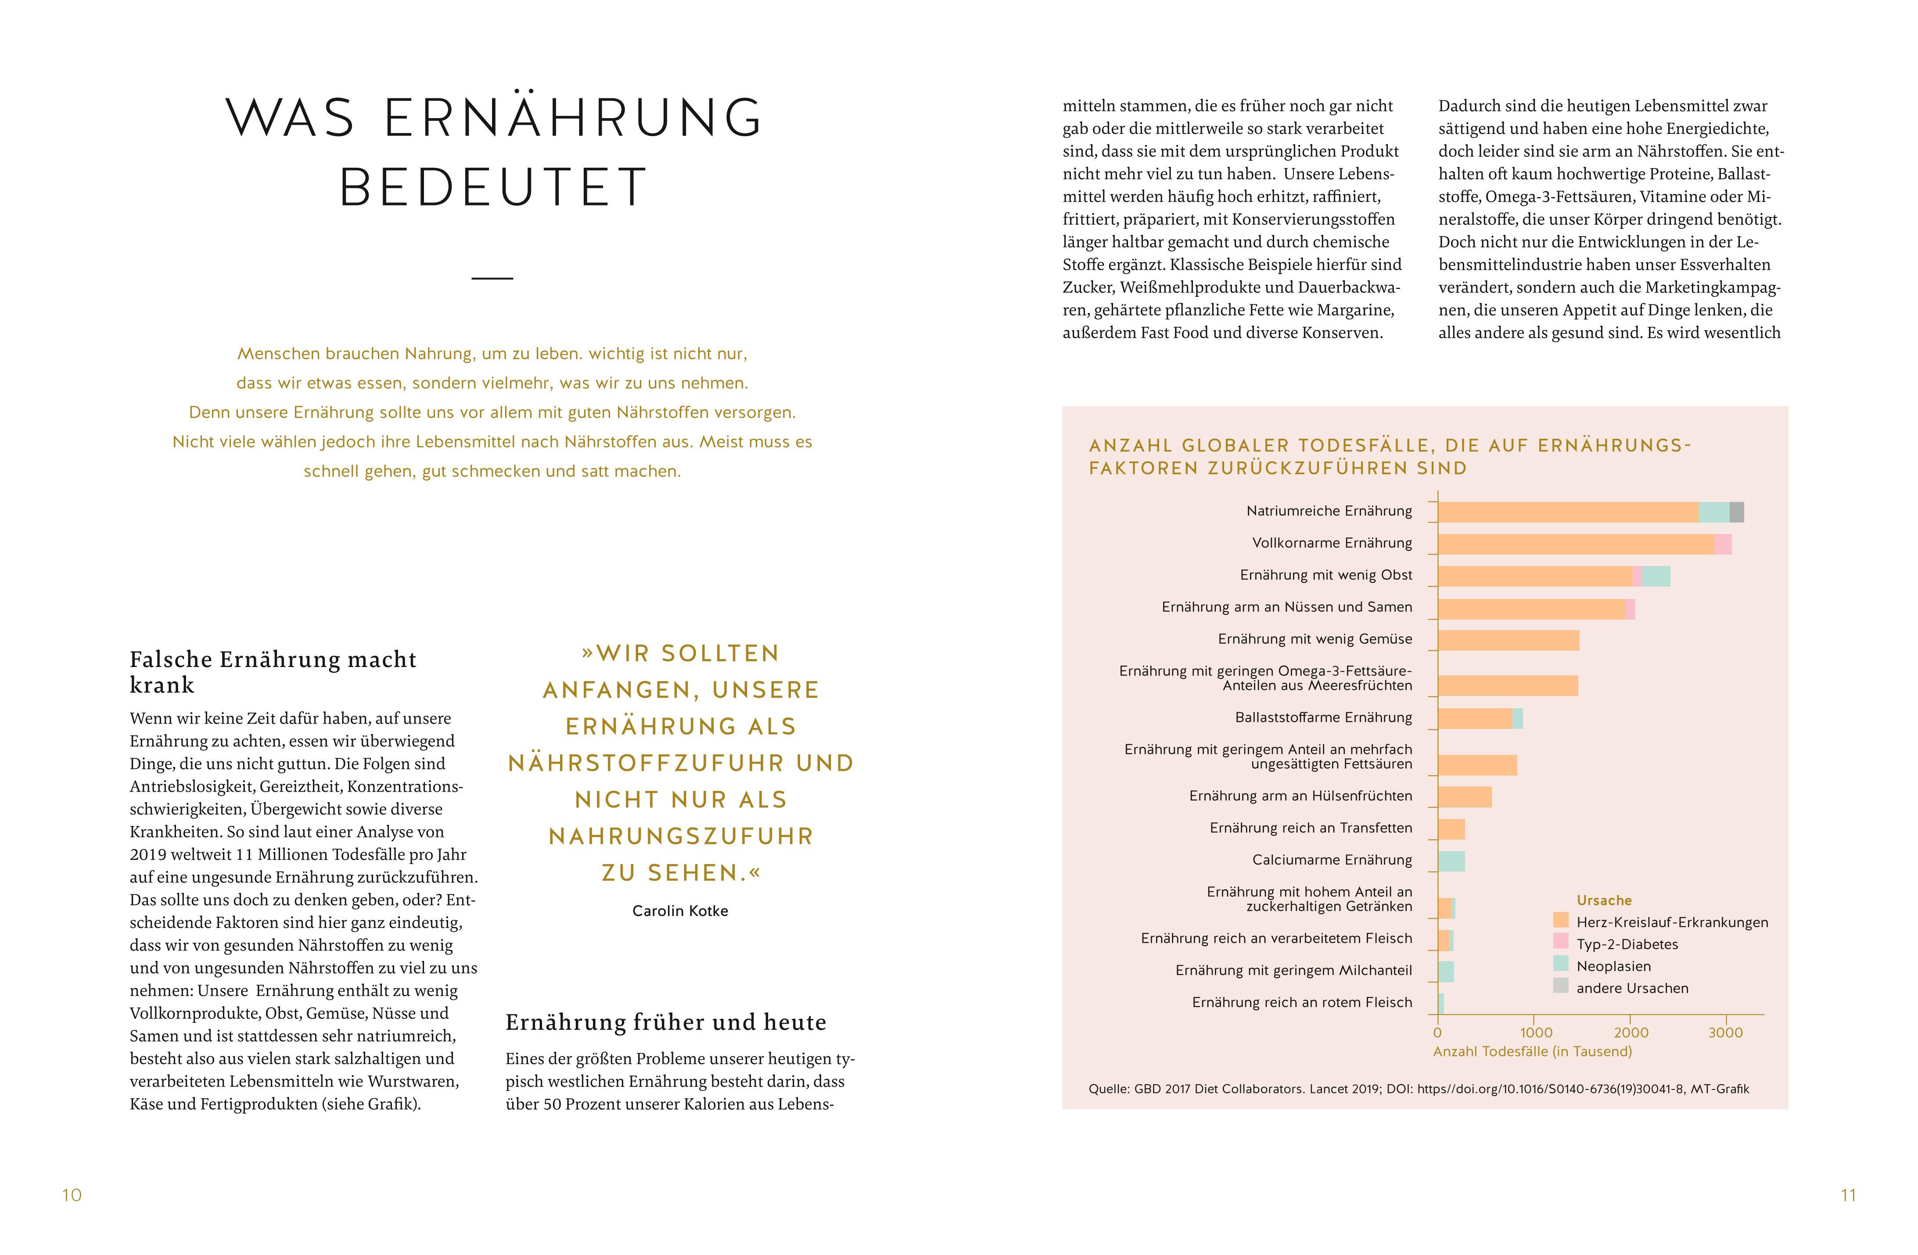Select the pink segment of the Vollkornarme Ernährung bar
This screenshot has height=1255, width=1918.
1723,544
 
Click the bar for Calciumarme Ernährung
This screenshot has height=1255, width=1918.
1451,861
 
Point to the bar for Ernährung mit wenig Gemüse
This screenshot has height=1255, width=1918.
1508,640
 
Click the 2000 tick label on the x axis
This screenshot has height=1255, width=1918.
1631,1032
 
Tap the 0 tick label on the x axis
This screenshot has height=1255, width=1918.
1438,1032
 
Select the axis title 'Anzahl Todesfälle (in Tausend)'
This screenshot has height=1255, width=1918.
1532,1051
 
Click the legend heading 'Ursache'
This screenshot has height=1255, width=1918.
1604,900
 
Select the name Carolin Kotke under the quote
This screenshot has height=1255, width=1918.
680,911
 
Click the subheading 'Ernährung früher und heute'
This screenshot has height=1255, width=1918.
666,1022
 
